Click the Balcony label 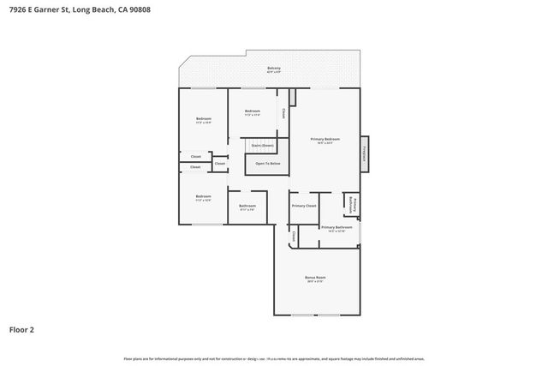pyautogui.click(x=273, y=69)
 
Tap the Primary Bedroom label pyautogui.click(x=325, y=141)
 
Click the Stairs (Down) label pyautogui.click(x=262, y=146)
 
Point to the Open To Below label pyautogui.click(x=267, y=163)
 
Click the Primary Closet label pyautogui.click(x=304, y=206)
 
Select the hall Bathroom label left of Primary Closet pyautogui.click(x=247, y=207)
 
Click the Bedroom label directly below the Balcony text pyautogui.click(x=252, y=112)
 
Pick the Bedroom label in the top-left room pyautogui.click(x=203, y=119)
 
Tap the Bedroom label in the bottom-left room pyautogui.click(x=203, y=198)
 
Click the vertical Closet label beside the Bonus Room pyautogui.click(x=294, y=236)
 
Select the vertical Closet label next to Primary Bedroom pyautogui.click(x=284, y=111)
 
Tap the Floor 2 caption pyautogui.click(x=22, y=328)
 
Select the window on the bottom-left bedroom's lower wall pyautogui.click(x=204, y=225)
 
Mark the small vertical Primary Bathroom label pyautogui.click(x=351, y=204)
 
